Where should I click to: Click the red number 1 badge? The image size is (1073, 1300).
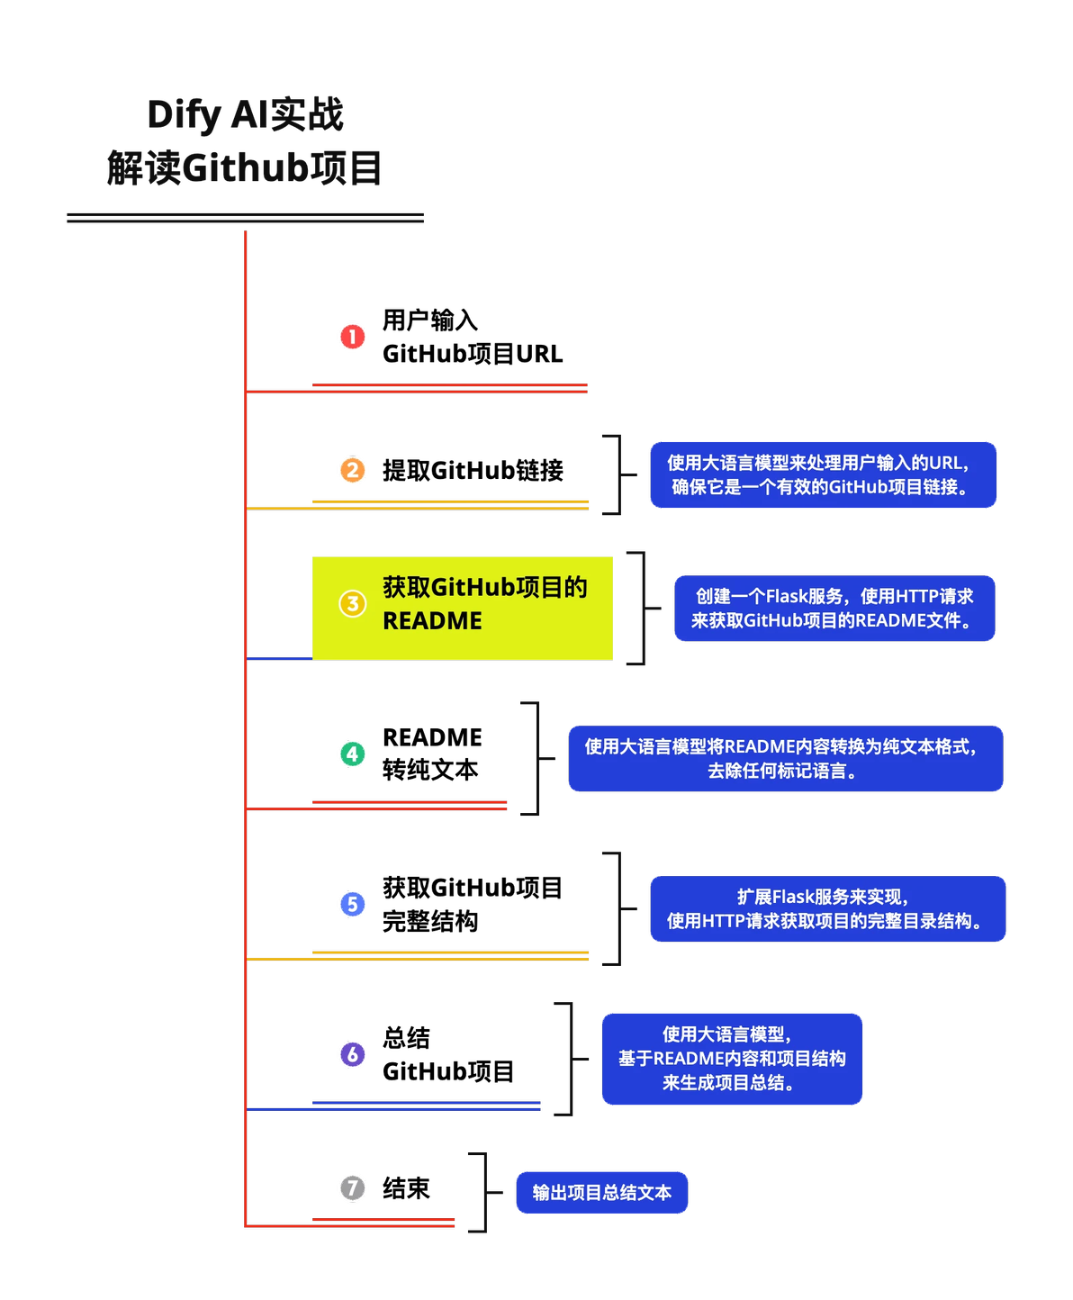(353, 337)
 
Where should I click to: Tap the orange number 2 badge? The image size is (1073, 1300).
(353, 470)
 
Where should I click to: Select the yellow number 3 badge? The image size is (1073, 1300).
(352, 603)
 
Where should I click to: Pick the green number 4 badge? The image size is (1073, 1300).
(353, 754)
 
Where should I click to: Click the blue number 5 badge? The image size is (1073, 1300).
(353, 904)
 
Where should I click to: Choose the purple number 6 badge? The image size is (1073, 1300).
(353, 1053)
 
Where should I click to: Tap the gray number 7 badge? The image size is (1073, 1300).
(353, 1187)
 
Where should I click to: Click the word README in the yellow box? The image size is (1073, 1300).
(432, 621)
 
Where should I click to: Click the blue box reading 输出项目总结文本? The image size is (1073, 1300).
(601, 1193)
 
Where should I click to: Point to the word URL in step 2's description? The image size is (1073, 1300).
(945, 463)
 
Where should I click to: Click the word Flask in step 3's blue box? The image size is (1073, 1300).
(789, 596)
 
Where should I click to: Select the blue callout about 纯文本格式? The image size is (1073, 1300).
(785, 759)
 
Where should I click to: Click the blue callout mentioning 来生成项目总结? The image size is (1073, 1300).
(732, 1059)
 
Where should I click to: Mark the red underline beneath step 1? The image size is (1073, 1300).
(450, 388)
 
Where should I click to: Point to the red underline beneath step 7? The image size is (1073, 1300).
(383, 1223)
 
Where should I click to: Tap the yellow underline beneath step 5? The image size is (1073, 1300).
(450, 954)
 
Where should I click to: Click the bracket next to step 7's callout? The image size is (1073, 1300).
(484, 1191)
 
